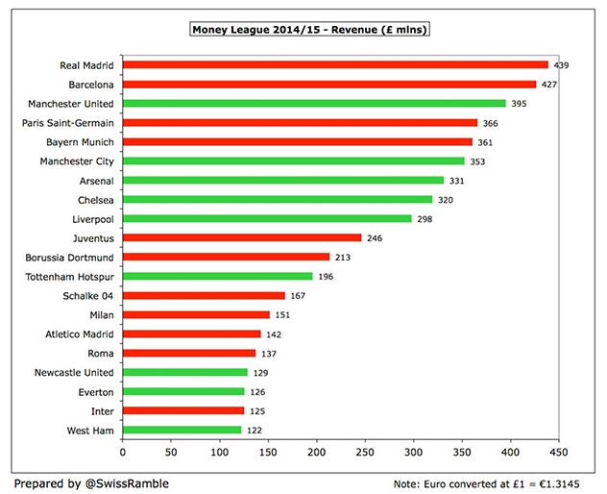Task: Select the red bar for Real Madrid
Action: tap(335, 65)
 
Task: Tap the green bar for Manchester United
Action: tap(314, 104)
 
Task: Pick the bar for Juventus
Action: tap(242, 237)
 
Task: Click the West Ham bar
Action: tap(182, 430)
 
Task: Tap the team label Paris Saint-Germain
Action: tap(67, 123)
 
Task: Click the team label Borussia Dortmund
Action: tap(68, 258)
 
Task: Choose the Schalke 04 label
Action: tap(90, 296)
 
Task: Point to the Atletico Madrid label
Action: tap(81, 334)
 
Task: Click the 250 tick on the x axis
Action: tap(365, 451)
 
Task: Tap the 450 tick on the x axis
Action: tap(559, 451)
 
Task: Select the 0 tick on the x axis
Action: tap(123, 451)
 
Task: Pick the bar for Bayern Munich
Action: tap(298, 142)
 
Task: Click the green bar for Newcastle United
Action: tap(185, 372)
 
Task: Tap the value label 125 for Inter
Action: tap(257, 411)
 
